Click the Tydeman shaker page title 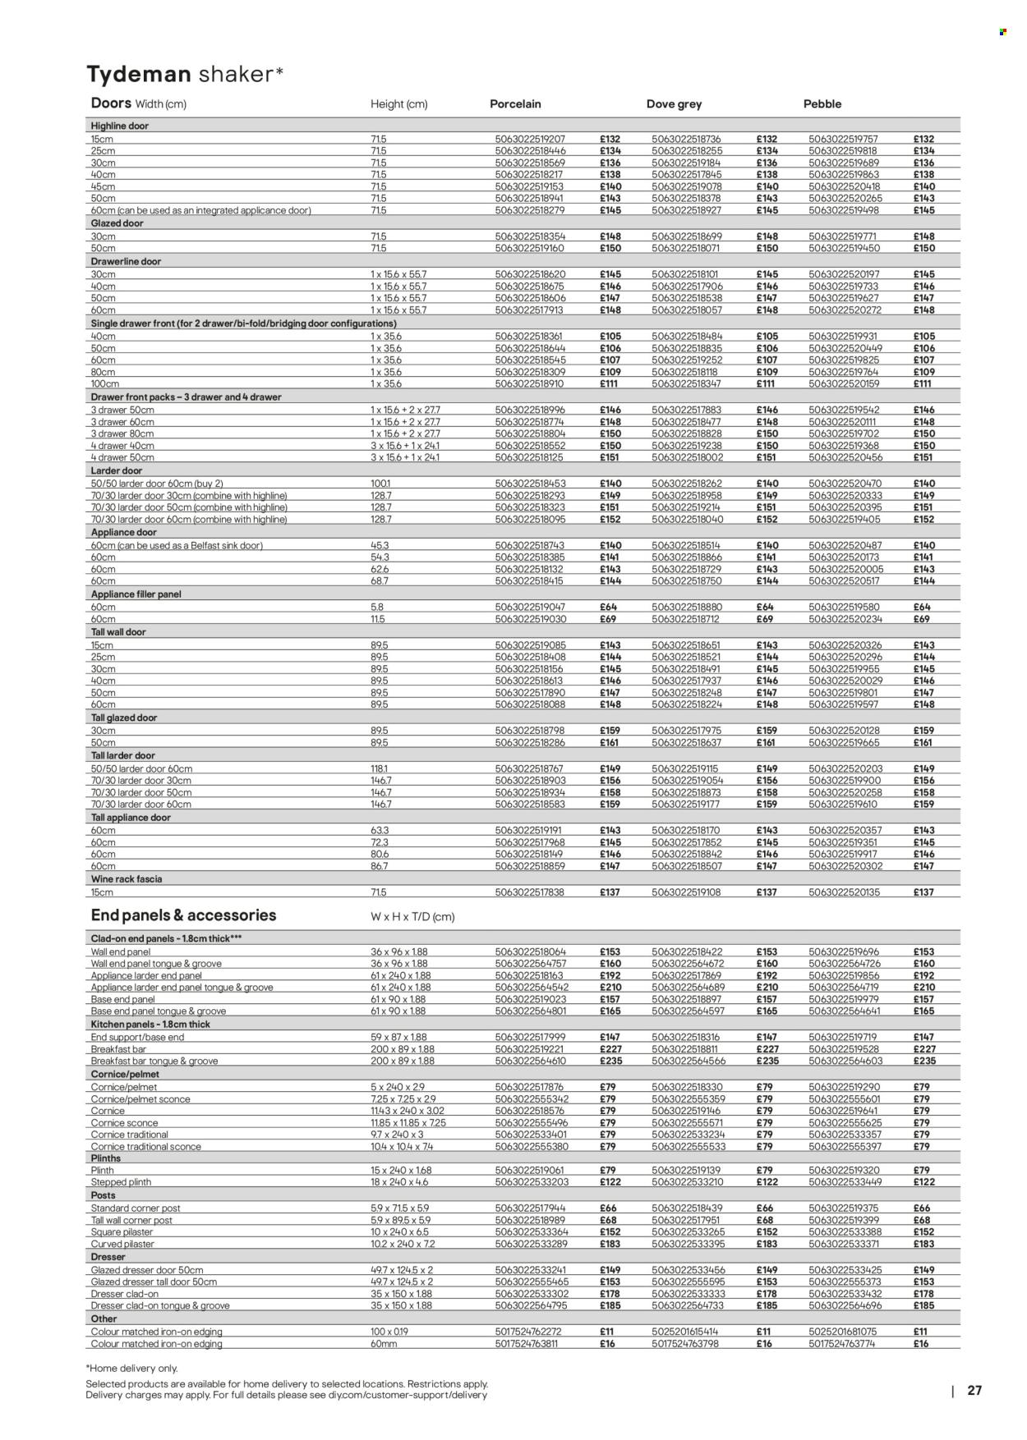[185, 74]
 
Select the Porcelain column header [515, 104]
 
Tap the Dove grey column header [674, 104]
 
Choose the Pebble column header [822, 104]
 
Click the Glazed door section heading [117, 223]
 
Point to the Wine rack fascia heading [126, 878]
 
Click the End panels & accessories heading [183, 915]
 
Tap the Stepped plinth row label [121, 1182]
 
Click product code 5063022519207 [530, 140]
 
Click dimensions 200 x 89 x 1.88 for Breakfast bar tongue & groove [402, 1061]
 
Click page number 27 [974, 1391]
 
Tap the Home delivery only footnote [131, 1368]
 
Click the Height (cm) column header [398, 104]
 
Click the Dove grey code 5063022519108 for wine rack [686, 892]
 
